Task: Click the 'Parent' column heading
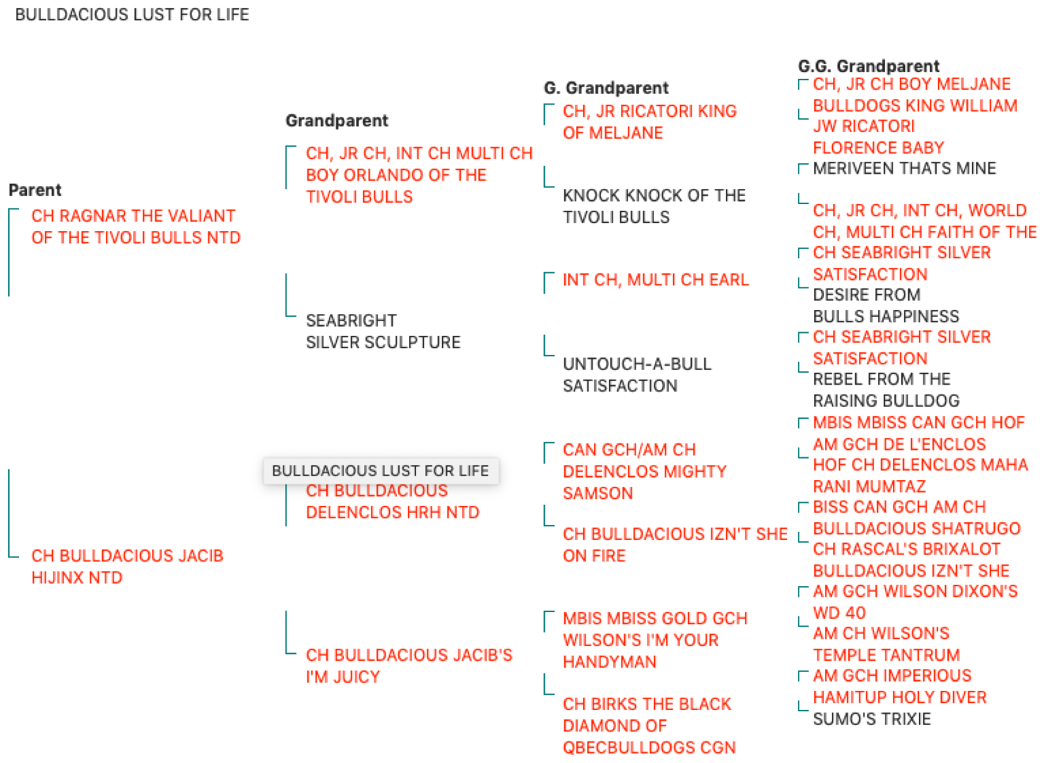[35, 190]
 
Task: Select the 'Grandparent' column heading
[337, 121]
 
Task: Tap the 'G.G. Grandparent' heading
[869, 66]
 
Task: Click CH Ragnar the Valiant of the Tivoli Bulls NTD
[136, 227]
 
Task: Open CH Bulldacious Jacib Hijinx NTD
[127, 567]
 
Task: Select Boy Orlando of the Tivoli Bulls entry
[419, 175]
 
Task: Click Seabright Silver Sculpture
[383, 332]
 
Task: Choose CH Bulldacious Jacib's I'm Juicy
[409, 666]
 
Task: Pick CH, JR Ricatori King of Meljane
[650, 122]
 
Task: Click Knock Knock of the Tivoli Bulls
[654, 206]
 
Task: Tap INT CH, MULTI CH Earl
[656, 280]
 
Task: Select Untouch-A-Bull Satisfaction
[637, 375]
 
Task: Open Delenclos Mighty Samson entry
[645, 471]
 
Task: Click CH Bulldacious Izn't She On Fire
[675, 545]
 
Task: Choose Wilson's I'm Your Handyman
[655, 640]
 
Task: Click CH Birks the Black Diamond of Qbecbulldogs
[649, 725]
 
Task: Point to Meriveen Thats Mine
[904, 168]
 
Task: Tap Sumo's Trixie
[871, 719]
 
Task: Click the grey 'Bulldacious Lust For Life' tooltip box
[381, 471]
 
